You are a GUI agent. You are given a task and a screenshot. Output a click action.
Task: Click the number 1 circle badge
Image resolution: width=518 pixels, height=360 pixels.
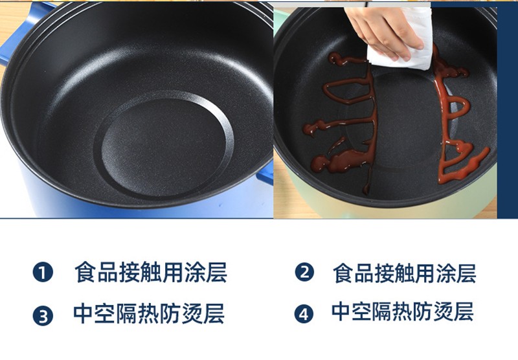coord(43,273)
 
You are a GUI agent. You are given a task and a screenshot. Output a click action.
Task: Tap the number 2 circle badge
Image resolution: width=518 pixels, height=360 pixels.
coord(304,272)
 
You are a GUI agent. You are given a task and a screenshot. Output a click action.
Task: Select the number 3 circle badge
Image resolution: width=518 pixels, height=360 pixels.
coord(43,316)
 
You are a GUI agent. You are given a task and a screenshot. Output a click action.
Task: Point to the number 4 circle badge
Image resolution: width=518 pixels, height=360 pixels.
coord(304,314)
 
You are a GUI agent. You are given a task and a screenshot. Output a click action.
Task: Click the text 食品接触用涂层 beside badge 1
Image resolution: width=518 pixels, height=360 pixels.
coord(151,273)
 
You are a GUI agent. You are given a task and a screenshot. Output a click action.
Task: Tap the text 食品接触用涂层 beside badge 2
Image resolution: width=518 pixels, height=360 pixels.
coord(404,273)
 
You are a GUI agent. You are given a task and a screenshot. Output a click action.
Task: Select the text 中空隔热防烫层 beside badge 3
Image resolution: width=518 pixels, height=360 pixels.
coord(149,314)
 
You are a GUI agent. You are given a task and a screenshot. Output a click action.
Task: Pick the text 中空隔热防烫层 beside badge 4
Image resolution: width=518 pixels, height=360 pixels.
coord(402,311)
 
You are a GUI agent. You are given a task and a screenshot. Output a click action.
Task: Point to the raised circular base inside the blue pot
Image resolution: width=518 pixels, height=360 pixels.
coord(164,145)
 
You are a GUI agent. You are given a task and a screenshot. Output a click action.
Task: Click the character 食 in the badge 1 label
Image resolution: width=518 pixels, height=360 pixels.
coord(85,273)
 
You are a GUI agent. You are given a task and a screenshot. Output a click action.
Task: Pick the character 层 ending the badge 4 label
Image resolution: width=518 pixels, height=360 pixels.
coord(464,311)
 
